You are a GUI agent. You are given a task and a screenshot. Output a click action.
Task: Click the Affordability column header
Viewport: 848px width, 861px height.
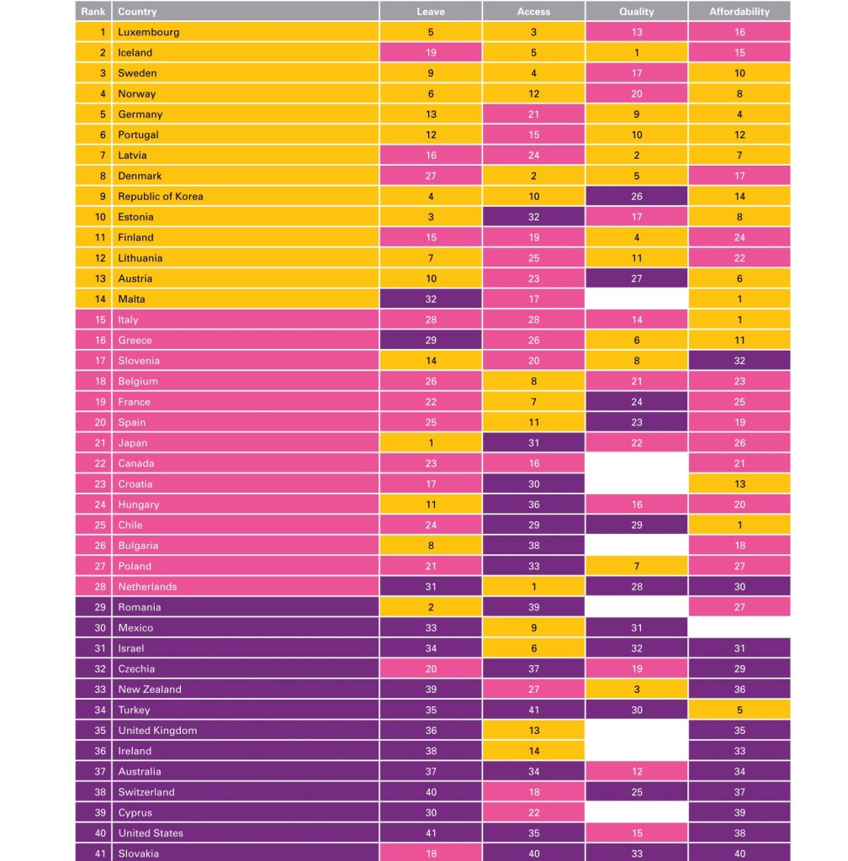739,12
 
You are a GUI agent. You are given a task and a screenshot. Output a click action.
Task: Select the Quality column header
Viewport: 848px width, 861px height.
636,12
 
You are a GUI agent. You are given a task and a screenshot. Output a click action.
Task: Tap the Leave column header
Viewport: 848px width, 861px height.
430,12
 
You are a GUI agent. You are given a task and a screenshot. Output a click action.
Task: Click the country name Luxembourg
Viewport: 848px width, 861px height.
149,32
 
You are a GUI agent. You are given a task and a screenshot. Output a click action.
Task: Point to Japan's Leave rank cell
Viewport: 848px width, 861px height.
430,443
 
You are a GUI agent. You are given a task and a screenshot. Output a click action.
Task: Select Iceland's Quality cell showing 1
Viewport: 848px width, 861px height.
636,52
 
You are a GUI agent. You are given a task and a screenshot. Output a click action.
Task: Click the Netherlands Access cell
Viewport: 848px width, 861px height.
533,587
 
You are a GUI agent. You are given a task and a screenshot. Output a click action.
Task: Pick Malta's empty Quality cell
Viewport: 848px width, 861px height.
636,299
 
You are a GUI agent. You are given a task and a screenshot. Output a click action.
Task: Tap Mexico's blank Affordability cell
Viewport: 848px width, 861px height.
739,627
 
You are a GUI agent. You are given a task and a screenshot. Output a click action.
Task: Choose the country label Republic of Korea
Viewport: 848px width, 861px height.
161,197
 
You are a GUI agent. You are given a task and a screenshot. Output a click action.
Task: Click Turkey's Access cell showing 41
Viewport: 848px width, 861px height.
533,710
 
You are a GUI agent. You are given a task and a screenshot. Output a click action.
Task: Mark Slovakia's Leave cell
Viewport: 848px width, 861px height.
430,853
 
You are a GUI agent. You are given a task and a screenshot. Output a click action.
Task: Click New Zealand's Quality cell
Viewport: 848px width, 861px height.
636,689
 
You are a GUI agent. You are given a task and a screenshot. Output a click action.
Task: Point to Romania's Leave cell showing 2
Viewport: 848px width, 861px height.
430,607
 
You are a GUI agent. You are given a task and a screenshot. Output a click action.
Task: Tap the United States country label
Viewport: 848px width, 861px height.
151,833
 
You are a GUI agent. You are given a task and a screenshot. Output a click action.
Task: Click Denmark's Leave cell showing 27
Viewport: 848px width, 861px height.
430,176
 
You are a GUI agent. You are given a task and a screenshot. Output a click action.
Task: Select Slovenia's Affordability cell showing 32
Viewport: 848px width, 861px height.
739,361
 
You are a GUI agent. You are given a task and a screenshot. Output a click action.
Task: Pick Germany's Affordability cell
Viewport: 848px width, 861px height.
739,114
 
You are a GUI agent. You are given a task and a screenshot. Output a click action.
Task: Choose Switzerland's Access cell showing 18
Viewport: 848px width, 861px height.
533,792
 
